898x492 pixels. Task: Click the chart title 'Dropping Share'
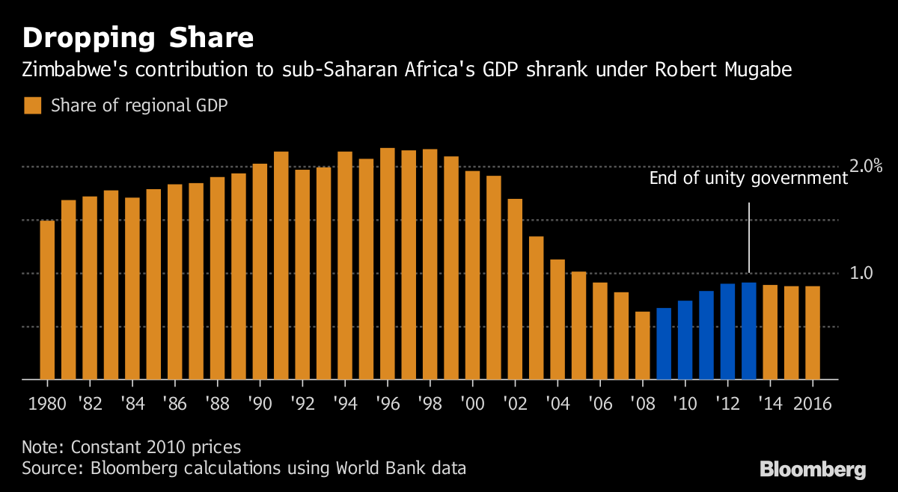[x=137, y=37]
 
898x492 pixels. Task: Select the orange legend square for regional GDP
[x=32, y=105]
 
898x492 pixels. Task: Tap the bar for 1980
[x=47, y=300]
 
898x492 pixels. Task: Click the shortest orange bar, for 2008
[x=643, y=345]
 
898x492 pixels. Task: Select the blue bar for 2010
[x=685, y=340]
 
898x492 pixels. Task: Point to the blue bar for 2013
[x=749, y=331]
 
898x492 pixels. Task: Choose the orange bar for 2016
[x=813, y=333]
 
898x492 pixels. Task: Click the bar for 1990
[x=260, y=271]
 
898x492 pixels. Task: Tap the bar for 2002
[x=515, y=289]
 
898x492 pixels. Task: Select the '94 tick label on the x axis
[x=344, y=404]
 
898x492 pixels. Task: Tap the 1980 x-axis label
[x=46, y=404]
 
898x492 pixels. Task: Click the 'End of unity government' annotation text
[x=748, y=178]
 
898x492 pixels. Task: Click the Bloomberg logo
[x=813, y=470]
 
